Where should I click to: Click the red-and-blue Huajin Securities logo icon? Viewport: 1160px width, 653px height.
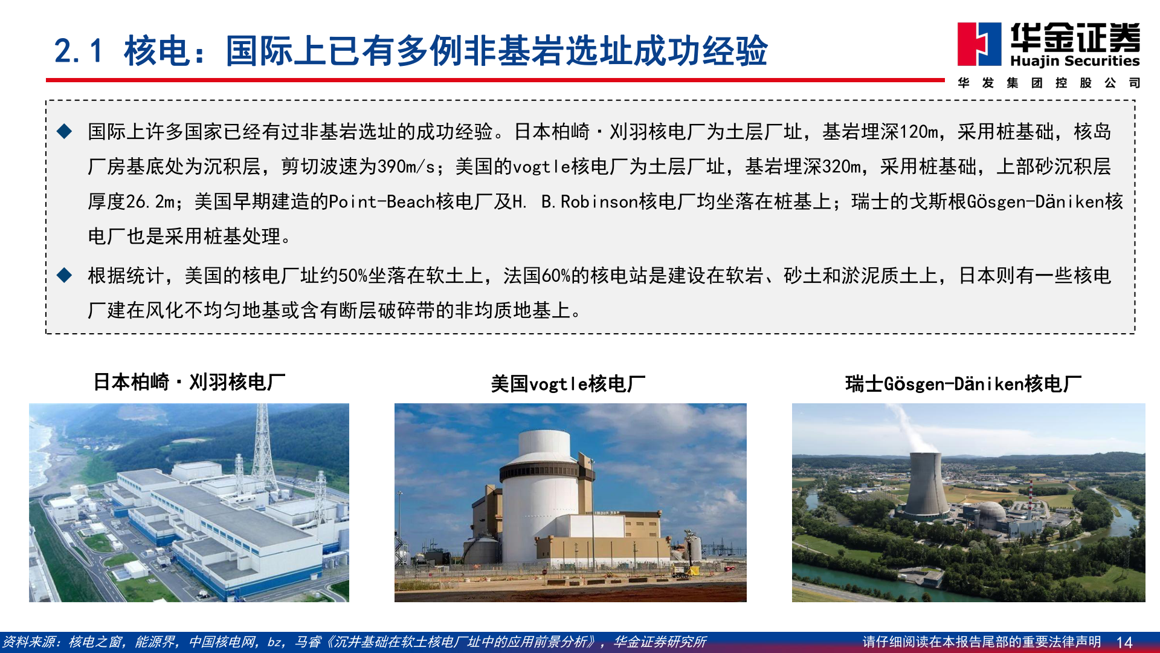979,44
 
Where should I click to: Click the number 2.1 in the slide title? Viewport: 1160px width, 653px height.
79,51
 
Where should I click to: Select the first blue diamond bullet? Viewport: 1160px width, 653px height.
64,131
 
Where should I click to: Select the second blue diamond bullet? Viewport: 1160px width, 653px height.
64,276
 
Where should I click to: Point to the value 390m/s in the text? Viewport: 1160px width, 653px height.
405,166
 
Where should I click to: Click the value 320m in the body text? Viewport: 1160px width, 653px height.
842,166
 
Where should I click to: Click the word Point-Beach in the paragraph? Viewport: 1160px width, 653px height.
382,201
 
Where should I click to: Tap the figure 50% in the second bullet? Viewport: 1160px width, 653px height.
353,276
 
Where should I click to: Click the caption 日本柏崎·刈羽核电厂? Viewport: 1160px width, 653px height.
189,382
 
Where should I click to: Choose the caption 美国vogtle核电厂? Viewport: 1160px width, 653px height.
568,383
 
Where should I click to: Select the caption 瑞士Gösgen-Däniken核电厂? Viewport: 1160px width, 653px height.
963,383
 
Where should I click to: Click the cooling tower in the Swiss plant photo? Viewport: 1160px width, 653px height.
925,484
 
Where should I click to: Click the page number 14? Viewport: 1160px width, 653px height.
1124,642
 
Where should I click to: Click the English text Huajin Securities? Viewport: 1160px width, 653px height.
1075,60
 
